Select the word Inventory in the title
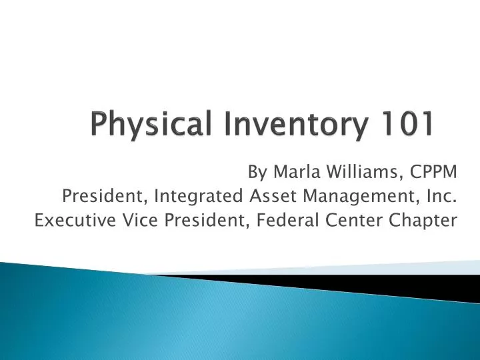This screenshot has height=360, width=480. point(255,125)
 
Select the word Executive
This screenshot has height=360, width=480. point(68,220)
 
